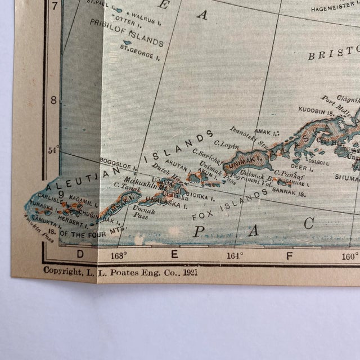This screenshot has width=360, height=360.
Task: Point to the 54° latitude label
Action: coord(54,150)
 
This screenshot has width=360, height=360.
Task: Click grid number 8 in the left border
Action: coord(53,100)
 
